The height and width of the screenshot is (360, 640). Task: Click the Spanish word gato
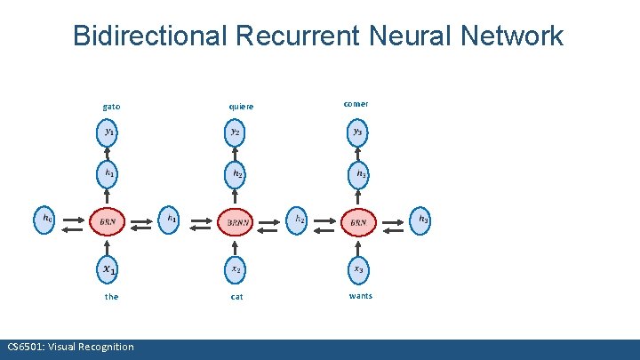click(111, 107)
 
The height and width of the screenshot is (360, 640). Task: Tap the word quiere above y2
click(241, 107)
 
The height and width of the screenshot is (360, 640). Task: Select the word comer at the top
click(356, 104)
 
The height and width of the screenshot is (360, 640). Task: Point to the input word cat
click(236, 297)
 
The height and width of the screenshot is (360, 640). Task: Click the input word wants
click(361, 295)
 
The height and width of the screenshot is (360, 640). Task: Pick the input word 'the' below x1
click(111, 297)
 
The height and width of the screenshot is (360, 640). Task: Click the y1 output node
click(108, 132)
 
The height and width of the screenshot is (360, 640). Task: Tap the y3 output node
click(357, 132)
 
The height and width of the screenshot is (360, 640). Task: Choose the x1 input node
click(108, 268)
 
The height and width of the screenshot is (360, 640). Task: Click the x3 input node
click(357, 268)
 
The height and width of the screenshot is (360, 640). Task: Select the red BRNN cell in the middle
click(236, 220)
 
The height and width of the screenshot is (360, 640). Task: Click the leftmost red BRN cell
click(108, 220)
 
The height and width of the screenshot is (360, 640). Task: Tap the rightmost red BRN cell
click(358, 220)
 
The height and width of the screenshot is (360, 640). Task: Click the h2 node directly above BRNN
click(236, 173)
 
